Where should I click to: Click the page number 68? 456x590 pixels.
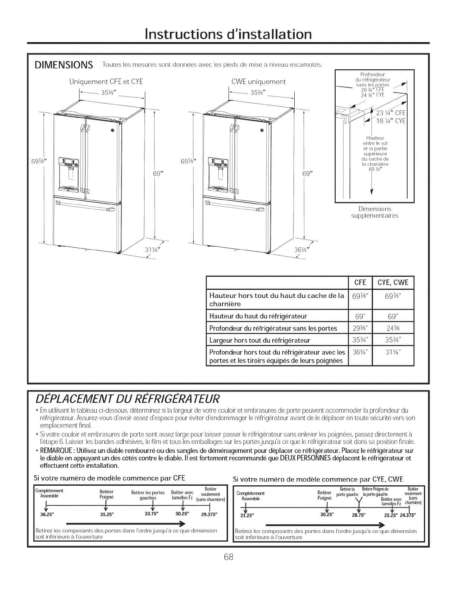(x=228, y=568)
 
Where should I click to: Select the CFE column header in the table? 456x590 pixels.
(x=360, y=282)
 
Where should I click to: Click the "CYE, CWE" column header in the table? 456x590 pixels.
(x=393, y=282)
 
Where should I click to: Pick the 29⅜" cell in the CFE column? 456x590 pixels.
(x=360, y=328)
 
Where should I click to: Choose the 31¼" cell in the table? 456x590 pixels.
(x=393, y=352)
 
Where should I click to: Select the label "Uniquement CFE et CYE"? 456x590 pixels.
(x=106, y=82)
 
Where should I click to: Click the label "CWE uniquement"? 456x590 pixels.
(x=258, y=82)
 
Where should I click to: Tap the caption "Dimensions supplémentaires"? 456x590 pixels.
(x=374, y=212)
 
